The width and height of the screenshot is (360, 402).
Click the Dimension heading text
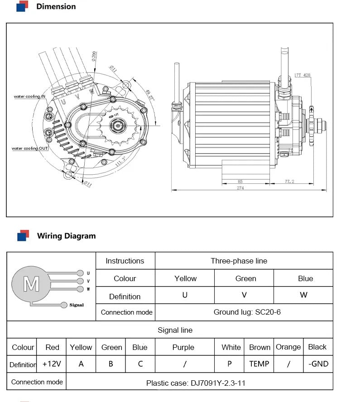56,7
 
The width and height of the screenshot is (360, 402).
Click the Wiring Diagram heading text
66,236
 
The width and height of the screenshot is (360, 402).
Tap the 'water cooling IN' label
29,96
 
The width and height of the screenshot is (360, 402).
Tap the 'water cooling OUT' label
30,148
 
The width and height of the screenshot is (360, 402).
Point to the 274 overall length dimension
240,188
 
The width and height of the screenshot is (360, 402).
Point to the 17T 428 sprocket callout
302,75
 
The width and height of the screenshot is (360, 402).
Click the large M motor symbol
31,284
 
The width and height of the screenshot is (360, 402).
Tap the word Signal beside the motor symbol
77,305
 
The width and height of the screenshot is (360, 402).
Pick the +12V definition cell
52,364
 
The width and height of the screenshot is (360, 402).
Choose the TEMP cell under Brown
259,364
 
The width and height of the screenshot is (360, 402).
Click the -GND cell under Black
318,364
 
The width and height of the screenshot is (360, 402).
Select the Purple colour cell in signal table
183,347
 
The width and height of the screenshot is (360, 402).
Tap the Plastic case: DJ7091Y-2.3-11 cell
196,383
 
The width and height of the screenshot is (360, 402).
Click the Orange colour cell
288,347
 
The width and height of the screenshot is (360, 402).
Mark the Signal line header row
175,330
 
